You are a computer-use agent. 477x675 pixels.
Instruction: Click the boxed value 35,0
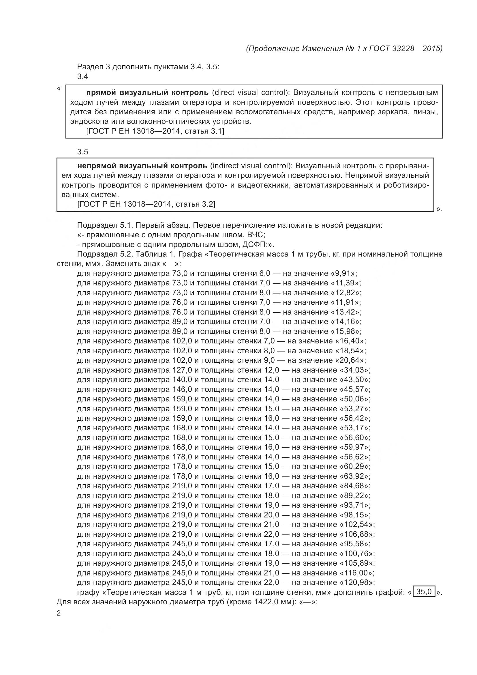(424, 592)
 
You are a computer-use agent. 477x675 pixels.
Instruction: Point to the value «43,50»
(355, 379)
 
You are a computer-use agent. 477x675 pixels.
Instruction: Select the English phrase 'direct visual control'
(249, 93)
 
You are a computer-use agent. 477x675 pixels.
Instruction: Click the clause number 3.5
(82, 152)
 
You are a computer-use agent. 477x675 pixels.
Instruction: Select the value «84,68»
(355, 486)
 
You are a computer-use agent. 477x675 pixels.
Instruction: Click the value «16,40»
(350, 341)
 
